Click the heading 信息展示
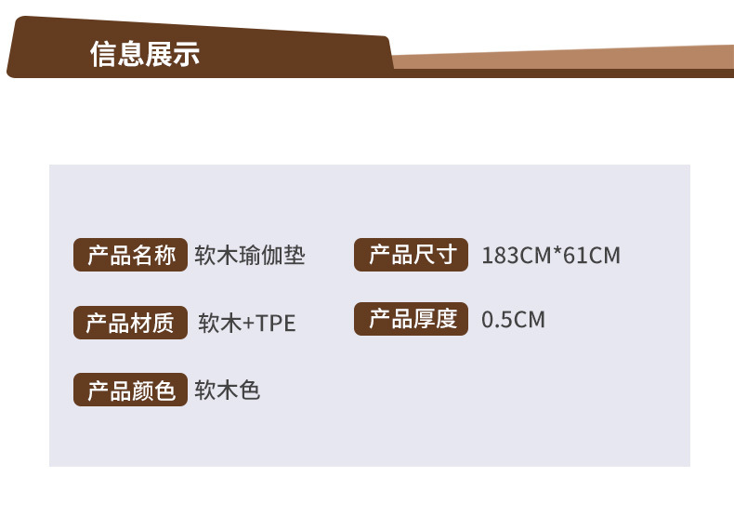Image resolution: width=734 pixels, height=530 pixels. click(145, 54)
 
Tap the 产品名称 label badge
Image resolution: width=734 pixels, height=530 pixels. click(131, 256)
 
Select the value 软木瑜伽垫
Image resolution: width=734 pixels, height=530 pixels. click(250, 256)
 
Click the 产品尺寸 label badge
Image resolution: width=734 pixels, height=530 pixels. click(412, 255)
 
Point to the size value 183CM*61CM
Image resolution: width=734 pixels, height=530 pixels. click(550, 256)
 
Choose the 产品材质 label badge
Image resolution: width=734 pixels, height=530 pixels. click(130, 323)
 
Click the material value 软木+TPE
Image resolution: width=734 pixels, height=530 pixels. click(247, 324)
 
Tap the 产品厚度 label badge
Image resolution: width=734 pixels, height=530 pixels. click(412, 320)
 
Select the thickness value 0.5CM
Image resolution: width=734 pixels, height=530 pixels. click(513, 321)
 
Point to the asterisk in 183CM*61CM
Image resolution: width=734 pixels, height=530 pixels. click(557, 253)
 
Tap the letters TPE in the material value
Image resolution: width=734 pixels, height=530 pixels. click(276, 324)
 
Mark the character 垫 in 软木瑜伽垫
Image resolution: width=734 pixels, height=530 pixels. click(295, 256)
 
